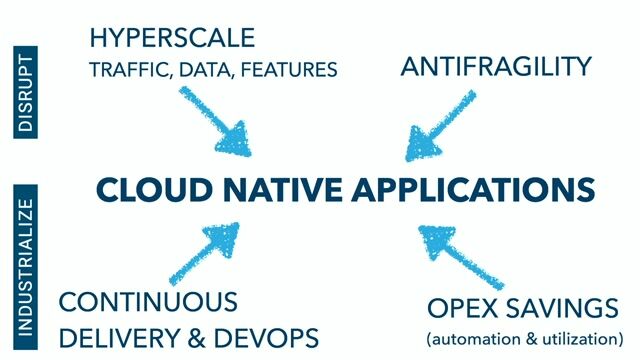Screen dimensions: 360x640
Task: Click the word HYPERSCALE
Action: click(x=171, y=39)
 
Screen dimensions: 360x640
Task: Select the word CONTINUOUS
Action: click(x=148, y=303)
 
